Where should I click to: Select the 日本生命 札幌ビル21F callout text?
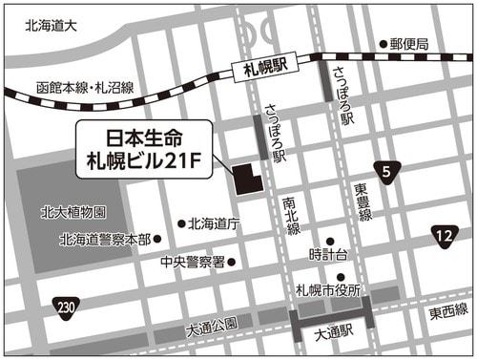point(144,149)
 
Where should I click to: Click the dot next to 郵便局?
point(383,44)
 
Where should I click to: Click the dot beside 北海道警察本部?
point(157,240)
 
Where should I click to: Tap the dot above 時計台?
point(330,241)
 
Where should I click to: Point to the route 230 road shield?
point(66,305)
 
